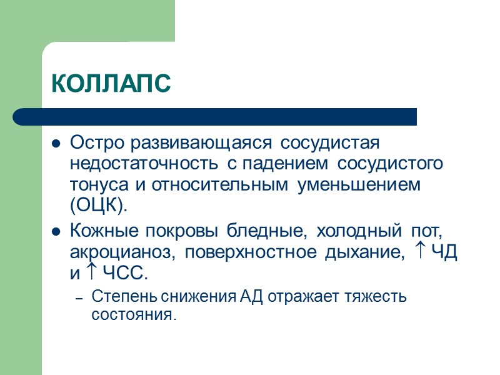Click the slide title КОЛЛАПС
click(110, 84)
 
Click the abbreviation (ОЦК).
click(98, 206)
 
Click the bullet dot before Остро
click(56, 144)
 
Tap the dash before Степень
click(79, 298)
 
